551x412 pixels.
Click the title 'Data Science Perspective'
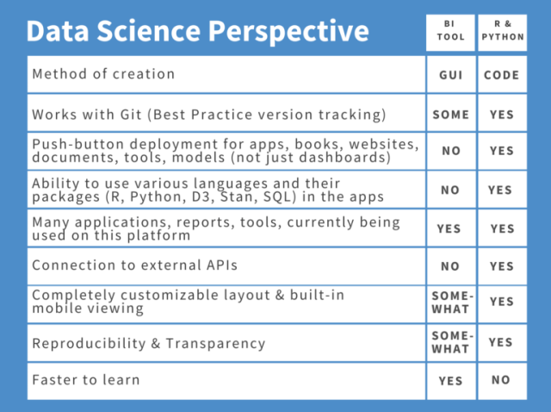point(197,31)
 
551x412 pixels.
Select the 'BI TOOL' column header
point(450,31)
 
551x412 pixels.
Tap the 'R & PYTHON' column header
point(502,31)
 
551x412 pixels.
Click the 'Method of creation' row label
point(103,73)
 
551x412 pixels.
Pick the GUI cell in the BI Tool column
point(450,75)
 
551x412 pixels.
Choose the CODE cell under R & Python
point(502,75)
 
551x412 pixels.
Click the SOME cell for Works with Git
point(450,114)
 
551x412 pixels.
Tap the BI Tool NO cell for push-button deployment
point(450,151)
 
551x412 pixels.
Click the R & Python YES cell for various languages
point(502,190)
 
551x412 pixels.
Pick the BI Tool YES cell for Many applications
point(450,229)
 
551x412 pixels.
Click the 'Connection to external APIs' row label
point(133,265)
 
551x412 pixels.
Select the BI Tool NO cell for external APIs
point(450,266)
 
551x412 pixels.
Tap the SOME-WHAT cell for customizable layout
point(450,303)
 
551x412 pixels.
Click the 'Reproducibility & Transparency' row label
point(148,343)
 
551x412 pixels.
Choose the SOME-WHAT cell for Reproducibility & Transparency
point(450,342)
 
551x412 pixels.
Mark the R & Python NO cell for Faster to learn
point(502,380)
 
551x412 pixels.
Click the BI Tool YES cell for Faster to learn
point(450,380)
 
